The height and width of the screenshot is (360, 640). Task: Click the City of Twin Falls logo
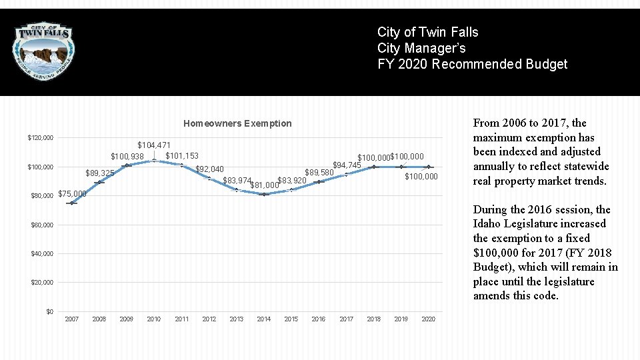tap(45, 51)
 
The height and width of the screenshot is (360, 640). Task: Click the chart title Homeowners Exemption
tap(237, 123)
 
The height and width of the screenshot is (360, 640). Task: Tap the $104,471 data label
tap(153, 145)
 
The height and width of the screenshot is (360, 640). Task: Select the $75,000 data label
tap(73, 194)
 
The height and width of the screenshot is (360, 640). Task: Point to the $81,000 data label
tap(264, 185)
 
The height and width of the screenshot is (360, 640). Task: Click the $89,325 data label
tap(100, 173)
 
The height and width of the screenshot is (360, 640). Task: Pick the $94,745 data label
tap(347, 165)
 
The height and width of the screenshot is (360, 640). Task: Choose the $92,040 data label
tap(209, 169)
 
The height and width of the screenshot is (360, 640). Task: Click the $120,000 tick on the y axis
tap(40, 138)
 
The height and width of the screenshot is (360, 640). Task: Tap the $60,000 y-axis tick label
tap(42, 225)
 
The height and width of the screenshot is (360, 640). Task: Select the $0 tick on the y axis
tap(49, 311)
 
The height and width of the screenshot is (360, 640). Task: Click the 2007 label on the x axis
tap(71, 319)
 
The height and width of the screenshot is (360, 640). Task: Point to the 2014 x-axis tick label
tap(264, 319)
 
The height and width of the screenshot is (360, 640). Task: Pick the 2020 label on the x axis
tap(429, 319)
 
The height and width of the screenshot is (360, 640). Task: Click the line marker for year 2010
tap(154, 160)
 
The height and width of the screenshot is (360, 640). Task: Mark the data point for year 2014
tap(264, 194)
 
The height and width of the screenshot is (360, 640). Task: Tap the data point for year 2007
tap(71, 203)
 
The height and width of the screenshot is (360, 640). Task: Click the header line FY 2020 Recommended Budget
tap(472, 64)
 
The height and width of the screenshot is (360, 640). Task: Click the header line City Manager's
tap(421, 48)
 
